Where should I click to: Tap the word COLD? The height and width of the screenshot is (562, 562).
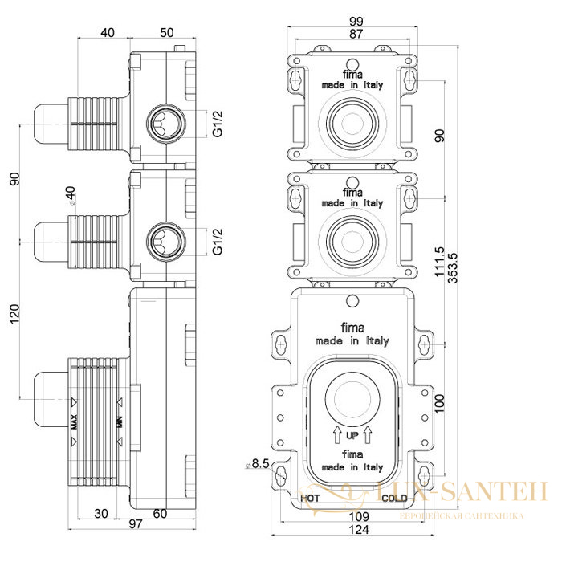click(394, 499)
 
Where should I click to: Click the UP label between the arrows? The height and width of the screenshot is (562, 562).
click(352, 436)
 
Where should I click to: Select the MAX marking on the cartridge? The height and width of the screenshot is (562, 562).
click(74, 421)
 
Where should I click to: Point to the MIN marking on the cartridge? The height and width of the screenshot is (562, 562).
click(120, 421)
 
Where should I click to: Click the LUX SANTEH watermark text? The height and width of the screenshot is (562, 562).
click(458, 491)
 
